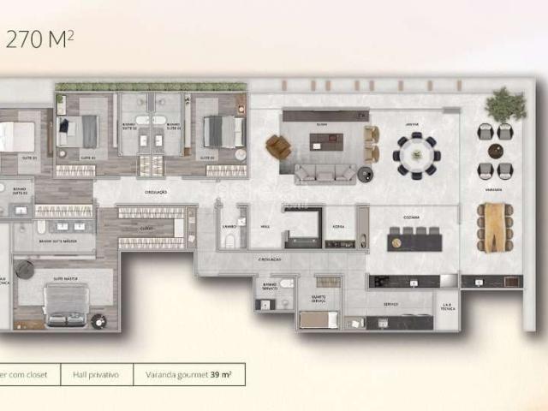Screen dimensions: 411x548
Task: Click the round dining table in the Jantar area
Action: [417, 156]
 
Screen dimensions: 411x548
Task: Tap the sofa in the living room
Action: [325, 174]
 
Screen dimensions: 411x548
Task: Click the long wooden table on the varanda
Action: [494, 227]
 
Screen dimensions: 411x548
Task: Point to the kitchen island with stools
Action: [414, 241]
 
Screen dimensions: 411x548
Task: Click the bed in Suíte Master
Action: [67, 306]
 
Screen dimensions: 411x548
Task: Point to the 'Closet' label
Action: [146, 229]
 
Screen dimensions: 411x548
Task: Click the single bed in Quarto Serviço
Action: [319, 319]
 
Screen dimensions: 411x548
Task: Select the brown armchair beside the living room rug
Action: [277, 147]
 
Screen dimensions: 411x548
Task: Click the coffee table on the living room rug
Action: [325, 142]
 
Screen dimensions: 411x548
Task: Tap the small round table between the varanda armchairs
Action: [494, 151]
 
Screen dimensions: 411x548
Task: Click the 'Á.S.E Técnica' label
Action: [446, 306]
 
